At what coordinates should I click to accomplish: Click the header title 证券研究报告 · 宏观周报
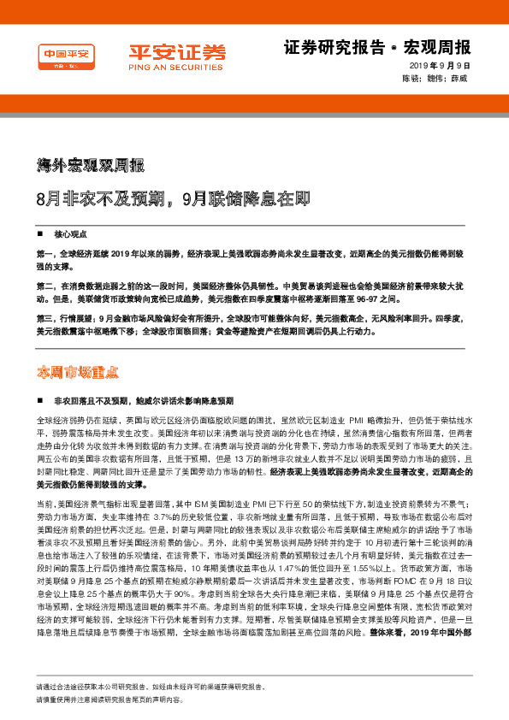(x=376, y=46)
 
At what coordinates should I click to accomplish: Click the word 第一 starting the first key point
(x=45, y=255)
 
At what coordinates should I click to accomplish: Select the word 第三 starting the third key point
(x=45, y=319)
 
